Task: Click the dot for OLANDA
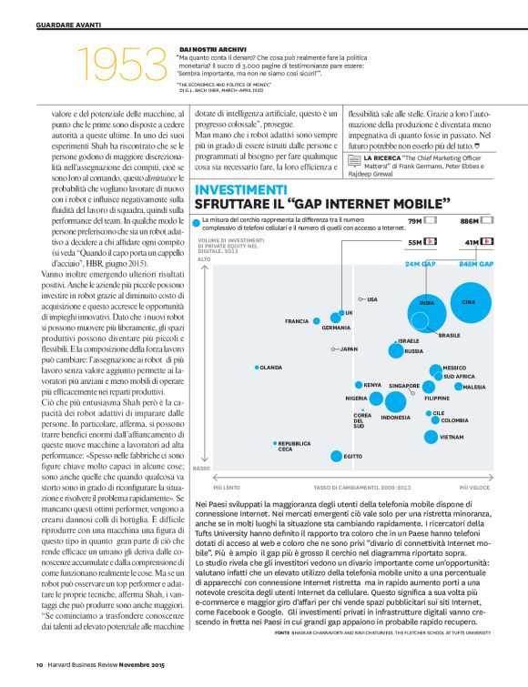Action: (x=257, y=368)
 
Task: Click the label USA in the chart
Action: (x=371, y=298)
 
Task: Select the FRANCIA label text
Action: (x=297, y=321)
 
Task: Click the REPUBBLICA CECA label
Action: (x=295, y=445)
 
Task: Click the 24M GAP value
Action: (x=421, y=263)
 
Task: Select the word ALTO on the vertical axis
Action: (x=205, y=259)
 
